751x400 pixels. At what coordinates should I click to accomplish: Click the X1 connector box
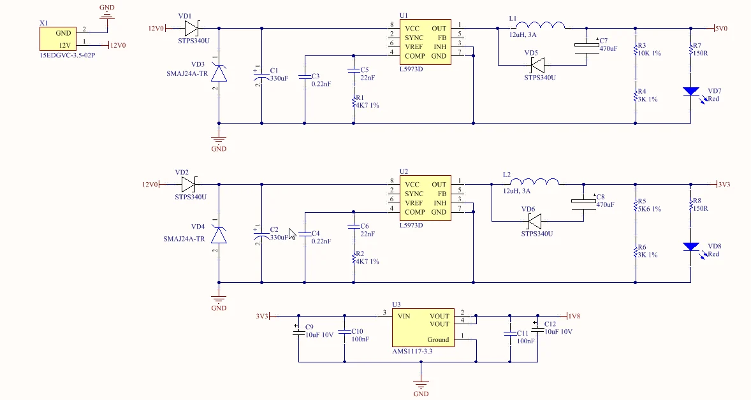point(58,39)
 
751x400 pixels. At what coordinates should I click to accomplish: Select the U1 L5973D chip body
point(425,42)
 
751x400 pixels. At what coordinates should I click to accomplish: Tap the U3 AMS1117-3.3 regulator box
point(423,328)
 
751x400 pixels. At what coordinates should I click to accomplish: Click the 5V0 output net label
point(721,29)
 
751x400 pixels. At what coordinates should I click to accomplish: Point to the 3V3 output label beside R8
point(724,184)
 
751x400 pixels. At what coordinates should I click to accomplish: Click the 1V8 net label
point(573,317)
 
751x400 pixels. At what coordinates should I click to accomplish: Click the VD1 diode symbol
point(192,28)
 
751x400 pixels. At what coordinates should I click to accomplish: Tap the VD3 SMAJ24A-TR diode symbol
point(219,74)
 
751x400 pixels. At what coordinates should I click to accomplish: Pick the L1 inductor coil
point(540,25)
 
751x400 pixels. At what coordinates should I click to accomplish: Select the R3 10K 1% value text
point(650,53)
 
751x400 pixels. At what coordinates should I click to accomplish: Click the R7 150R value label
point(700,53)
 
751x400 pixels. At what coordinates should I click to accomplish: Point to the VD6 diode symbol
point(534,222)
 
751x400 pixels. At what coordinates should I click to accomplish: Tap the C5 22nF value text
point(368,78)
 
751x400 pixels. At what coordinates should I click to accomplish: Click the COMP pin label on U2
point(415,212)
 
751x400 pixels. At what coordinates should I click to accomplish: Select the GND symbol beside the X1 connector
point(107,17)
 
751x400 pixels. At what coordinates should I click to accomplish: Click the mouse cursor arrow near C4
point(292,234)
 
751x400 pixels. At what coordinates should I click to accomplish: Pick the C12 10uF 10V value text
point(558,332)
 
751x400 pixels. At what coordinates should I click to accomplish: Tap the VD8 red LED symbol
point(690,247)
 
